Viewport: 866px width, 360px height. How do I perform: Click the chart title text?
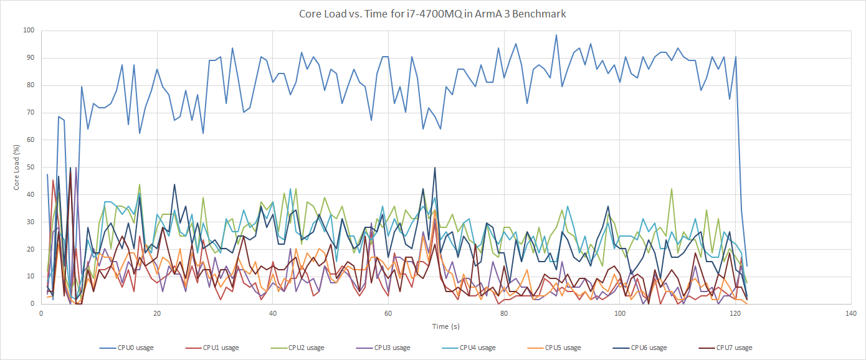click(432, 14)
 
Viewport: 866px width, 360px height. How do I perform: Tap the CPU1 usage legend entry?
click(216, 348)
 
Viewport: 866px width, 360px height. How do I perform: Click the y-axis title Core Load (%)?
click(17, 167)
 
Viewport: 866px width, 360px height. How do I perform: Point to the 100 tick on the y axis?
click(29, 30)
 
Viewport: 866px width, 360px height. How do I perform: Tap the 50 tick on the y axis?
click(31, 167)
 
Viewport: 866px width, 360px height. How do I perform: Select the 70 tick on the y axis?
click(31, 112)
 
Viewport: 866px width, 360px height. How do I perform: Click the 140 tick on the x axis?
click(851, 313)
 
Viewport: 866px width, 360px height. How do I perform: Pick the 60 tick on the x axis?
click(388, 313)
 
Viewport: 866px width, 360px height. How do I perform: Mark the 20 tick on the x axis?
click(157, 313)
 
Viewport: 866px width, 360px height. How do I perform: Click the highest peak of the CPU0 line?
click(556, 35)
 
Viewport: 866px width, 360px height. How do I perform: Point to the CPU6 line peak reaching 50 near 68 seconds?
click(435, 168)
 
